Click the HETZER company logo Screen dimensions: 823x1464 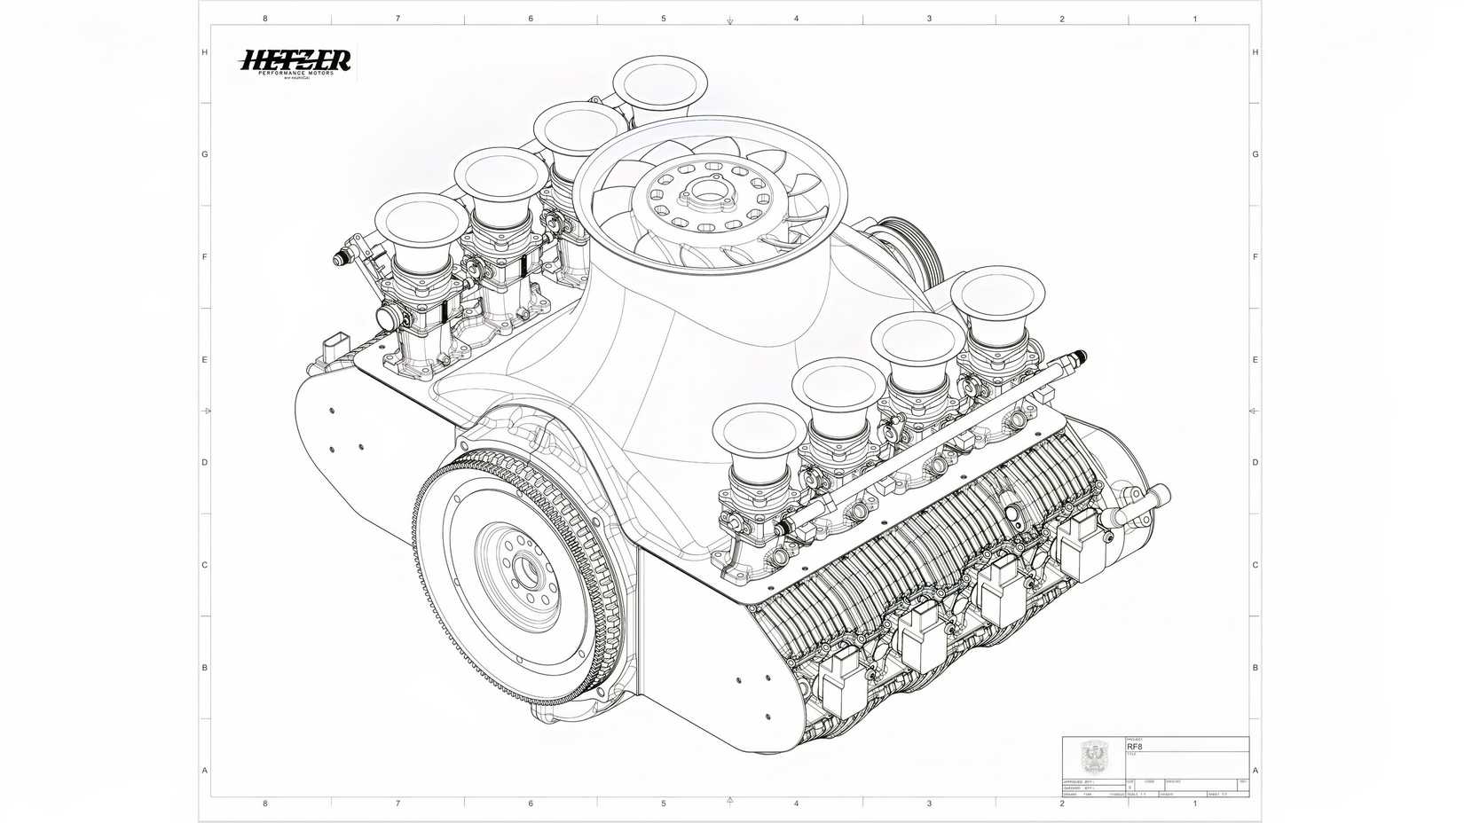296,62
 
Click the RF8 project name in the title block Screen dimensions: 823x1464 1135,747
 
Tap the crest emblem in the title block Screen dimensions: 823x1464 1091,756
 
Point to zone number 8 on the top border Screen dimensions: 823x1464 265,19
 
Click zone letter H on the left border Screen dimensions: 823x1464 204,52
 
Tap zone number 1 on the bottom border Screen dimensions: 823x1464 1195,803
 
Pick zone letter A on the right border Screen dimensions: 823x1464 1255,770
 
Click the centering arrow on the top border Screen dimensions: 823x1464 729,20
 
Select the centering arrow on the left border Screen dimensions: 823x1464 207,411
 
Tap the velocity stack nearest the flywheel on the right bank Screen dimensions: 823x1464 760,433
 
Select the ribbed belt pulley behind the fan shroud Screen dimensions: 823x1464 903,243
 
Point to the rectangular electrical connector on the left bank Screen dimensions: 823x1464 336,347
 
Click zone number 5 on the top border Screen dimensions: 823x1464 663,19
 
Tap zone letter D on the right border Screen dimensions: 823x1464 1255,462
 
